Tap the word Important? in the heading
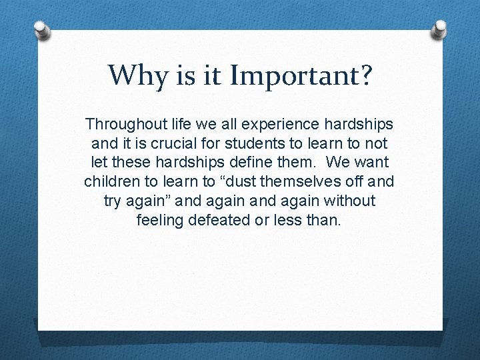point(300,75)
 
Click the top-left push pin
point(41,31)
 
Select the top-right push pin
point(440,29)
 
